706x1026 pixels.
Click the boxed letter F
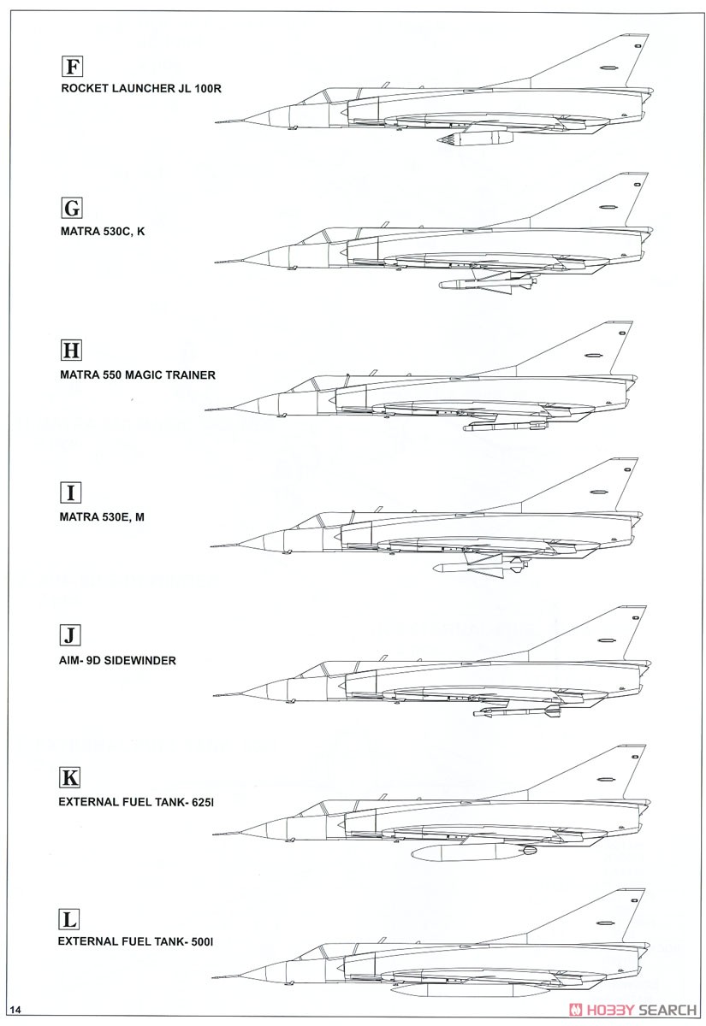coord(72,67)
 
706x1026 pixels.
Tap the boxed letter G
coord(72,209)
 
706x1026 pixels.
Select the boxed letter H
coord(71,351)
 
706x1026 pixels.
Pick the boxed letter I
coord(70,492)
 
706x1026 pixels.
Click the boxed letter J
coord(70,635)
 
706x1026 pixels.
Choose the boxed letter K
coord(69,778)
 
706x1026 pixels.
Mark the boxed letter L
coord(69,919)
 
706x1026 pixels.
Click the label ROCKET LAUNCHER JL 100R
coord(141,88)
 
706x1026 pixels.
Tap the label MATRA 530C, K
coord(103,232)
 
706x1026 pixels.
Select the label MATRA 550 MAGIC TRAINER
coord(138,375)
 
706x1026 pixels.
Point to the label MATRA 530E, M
coord(102,517)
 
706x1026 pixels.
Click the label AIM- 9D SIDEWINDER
coord(117,660)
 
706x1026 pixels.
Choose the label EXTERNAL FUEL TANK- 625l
coord(136,803)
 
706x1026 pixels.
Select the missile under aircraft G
coord(489,280)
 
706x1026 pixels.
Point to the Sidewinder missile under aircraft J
coord(517,711)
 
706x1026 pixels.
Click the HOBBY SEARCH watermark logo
coord(633,1009)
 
